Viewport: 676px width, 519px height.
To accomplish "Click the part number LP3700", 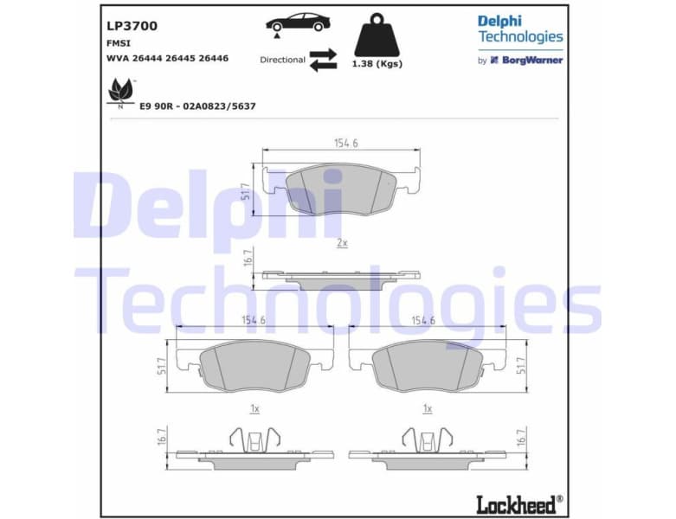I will [x=132, y=26].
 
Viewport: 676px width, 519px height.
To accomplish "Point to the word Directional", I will [x=282, y=60].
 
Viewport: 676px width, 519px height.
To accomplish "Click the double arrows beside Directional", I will [x=323, y=60].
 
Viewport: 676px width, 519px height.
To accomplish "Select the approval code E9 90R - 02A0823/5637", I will [x=197, y=106].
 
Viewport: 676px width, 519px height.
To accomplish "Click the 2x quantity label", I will [x=342, y=244].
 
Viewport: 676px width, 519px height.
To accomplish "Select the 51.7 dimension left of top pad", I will [x=246, y=190].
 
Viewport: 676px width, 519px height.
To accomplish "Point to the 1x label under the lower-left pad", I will [x=254, y=407].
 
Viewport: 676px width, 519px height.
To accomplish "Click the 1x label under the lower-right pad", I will [x=426, y=407].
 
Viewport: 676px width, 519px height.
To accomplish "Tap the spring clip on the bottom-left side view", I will [x=254, y=439].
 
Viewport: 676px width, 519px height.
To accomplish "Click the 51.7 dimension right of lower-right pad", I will [x=519, y=364].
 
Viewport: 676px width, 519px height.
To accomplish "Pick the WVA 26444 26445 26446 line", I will [x=167, y=58].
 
